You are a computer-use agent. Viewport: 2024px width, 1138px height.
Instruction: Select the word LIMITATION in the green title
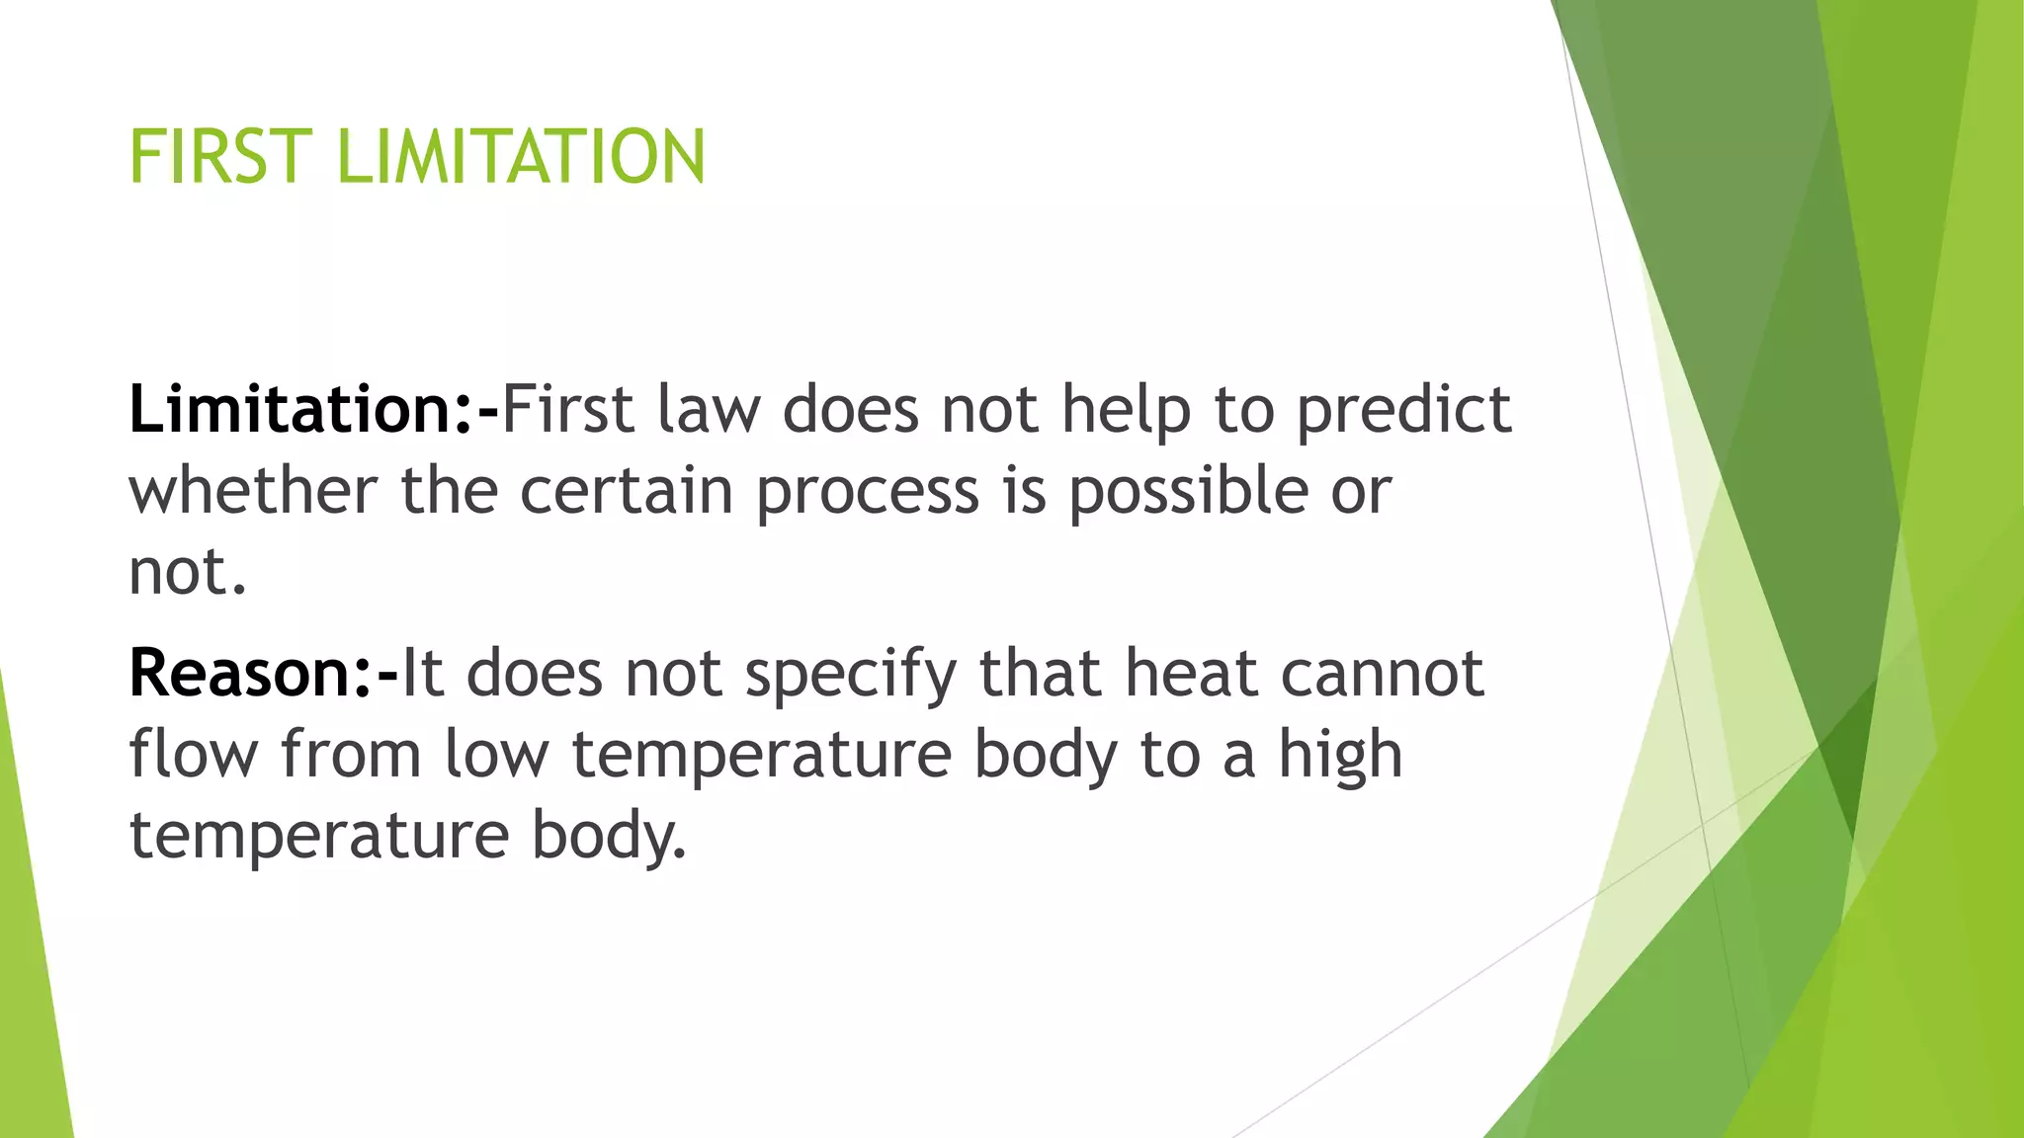521,157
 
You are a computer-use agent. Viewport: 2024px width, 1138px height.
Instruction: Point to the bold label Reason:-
264,674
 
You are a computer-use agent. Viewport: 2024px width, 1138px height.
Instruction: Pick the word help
1126,411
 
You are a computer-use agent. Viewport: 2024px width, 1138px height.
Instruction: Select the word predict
1403,411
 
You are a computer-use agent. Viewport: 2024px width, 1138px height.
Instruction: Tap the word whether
253,490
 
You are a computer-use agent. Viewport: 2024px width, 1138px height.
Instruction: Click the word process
868,492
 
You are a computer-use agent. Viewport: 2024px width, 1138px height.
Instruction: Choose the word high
1341,756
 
